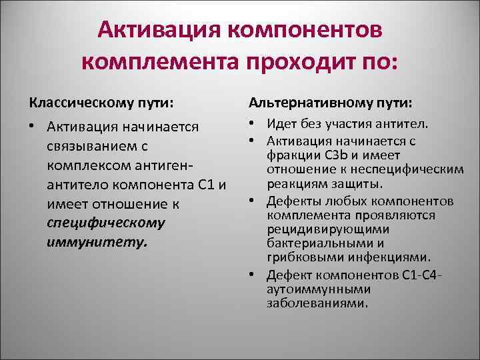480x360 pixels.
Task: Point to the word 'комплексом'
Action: click(85, 164)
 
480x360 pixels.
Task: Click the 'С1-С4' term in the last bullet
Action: click(417, 275)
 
